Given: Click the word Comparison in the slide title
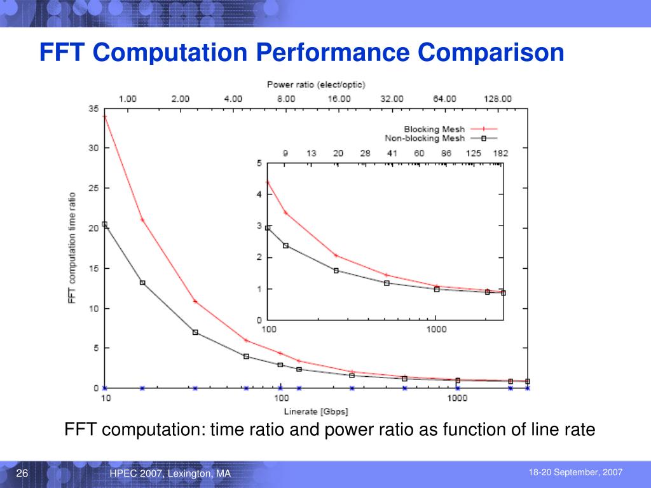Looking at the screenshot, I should tap(491, 52).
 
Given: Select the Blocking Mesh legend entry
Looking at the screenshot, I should tap(435, 130).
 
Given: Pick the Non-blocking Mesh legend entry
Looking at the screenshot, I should tap(425, 138).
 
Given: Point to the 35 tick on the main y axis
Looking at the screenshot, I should tap(93, 109).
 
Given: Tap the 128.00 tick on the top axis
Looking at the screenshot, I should tap(497, 98).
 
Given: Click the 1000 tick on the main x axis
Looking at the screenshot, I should tap(456, 398).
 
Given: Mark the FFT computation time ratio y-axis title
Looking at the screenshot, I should tap(72, 248).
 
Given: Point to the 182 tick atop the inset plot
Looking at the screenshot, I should tap(500, 153).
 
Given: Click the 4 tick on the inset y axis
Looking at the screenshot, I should tap(259, 195).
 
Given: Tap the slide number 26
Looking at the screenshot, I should tap(22, 474).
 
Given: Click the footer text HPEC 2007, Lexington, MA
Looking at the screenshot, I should tap(170, 475).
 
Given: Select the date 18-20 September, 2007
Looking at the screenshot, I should tap(575, 472).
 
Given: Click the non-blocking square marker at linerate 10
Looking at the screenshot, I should tap(105, 224).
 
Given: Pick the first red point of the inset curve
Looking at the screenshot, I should tap(268, 182).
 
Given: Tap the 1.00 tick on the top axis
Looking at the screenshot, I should tap(128, 98).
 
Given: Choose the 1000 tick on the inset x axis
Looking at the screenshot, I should tap(436, 329).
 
